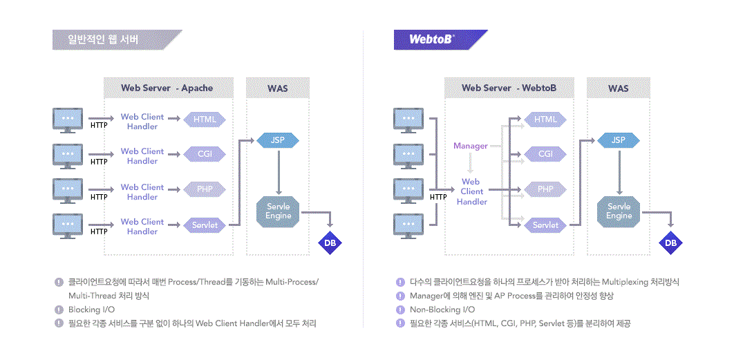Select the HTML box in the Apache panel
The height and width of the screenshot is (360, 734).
tap(205, 120)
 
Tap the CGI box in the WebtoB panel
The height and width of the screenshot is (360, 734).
tap(545, 154)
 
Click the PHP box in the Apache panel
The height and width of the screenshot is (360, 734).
tap(205, 189)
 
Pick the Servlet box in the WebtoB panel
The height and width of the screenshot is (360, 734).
tap(545, 225)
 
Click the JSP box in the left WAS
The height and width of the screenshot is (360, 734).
tap(278, 140)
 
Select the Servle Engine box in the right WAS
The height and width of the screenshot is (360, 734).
tap(619, 211)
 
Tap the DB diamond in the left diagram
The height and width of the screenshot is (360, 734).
tap(330, 243)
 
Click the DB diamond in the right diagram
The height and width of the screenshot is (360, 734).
tap(670, 243)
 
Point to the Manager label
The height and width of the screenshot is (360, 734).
tap(471, 146)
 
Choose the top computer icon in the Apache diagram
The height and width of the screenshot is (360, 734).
tap(68, 120)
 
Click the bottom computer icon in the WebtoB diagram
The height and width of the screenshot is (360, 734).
tap(408, 226)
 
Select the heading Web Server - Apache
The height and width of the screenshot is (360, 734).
tap(167, 88)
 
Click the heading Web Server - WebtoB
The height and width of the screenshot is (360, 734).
tap(509, 88)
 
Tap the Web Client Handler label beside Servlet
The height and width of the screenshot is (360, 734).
tap(142, 227)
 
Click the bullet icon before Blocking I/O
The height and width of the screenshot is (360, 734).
tap(59, 310)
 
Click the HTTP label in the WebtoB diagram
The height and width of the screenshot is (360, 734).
tap(438, 197)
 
